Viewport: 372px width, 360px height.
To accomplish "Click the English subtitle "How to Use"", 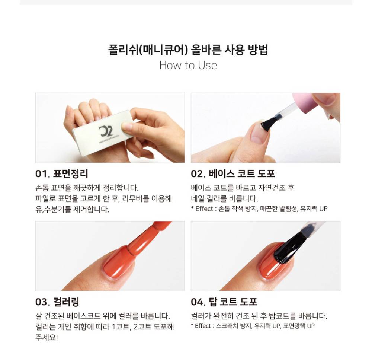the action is (188, 65).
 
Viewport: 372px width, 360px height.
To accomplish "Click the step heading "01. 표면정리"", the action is (62, 173).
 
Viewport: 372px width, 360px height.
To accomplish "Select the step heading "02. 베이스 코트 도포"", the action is (233, 173).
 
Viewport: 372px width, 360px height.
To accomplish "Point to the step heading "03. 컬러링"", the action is (57, 302).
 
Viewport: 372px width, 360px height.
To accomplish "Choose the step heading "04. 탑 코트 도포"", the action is (224, 302).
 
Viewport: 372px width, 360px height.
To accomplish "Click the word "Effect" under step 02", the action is (204, 209).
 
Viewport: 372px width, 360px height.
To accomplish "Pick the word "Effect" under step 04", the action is (203, 326).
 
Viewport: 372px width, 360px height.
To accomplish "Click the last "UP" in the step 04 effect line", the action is (311, 326).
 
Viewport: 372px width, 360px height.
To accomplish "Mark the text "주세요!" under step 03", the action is (46, 337).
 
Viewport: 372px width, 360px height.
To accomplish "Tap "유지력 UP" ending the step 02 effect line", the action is (314, 209).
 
